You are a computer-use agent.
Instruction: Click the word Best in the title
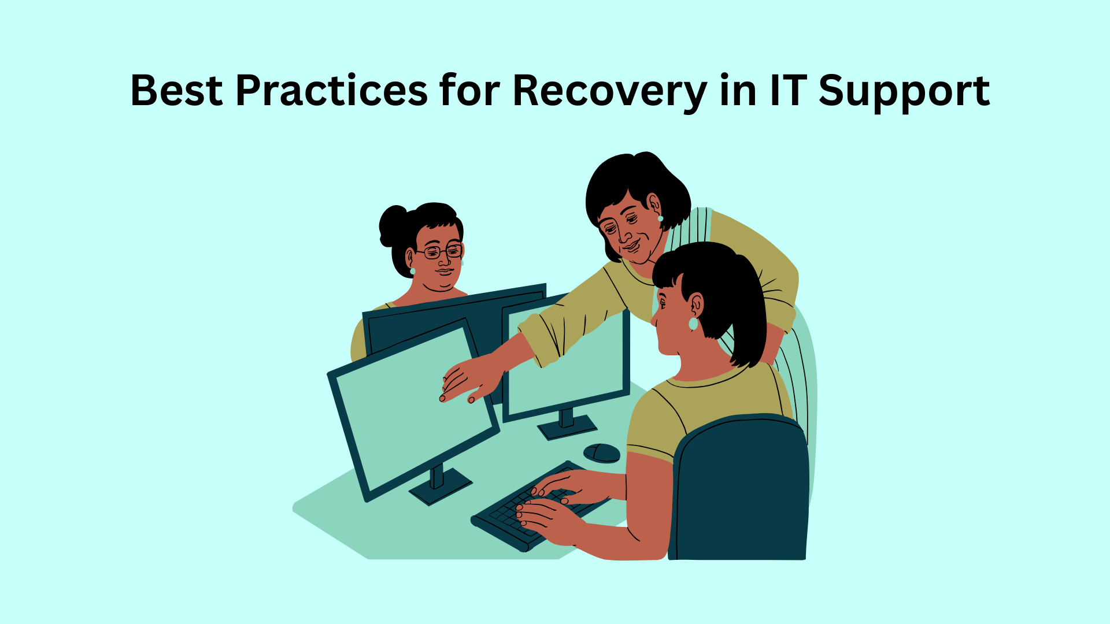click(x=176, y=91)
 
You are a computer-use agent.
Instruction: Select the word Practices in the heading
click(x=331, y=91)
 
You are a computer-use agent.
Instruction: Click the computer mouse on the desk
click(x=602, y=453)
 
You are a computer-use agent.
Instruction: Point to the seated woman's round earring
click(x=693, y=324)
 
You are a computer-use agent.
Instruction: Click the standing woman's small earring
click(x=660, y=218)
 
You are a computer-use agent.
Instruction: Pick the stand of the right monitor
click(x=567, y=425)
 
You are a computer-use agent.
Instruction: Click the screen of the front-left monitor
click(x=413, y=410)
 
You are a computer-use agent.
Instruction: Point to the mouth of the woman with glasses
click(x=444, y=271)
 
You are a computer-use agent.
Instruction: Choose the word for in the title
click(x=469, y=91)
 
